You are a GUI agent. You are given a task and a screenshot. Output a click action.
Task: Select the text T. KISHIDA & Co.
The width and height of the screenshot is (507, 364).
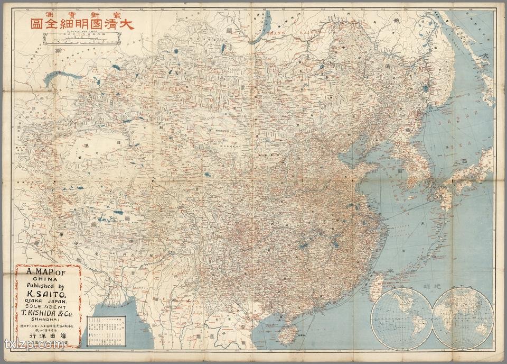pyautogui.click(x=48, y=312)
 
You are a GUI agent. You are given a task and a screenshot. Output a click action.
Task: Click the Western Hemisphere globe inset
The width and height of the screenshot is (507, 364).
pyautogui.click(x=402, y=317)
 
